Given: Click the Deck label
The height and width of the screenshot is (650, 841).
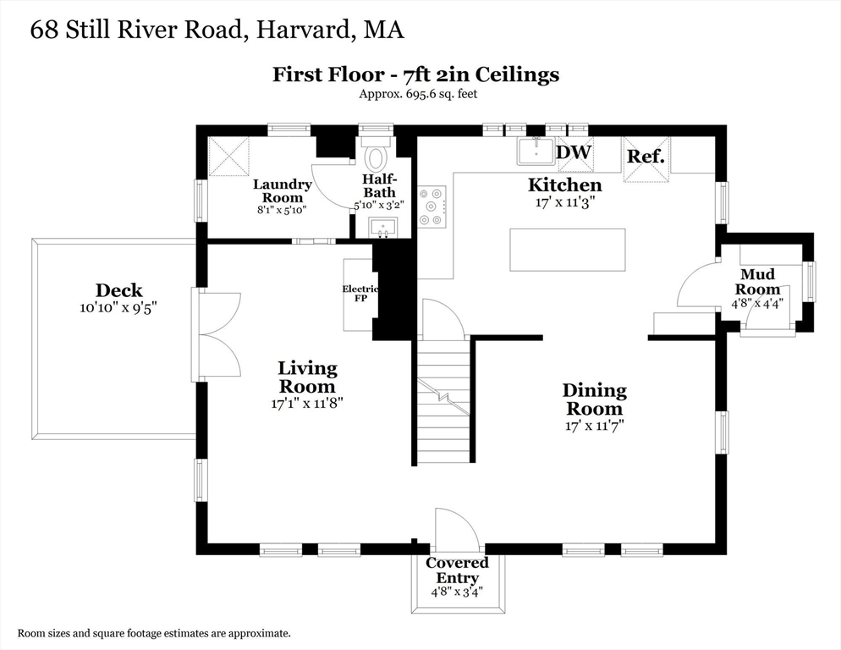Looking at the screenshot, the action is click(x=119, y=290).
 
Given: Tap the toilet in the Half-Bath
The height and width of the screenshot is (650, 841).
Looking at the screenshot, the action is click(x=376, y=155).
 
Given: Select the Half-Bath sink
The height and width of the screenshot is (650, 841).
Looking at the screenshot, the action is click(x=383, y=229).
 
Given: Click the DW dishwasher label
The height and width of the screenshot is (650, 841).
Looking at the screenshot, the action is click(x=574, y=151).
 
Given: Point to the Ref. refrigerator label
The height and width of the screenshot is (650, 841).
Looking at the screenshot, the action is click(x=646, y=157).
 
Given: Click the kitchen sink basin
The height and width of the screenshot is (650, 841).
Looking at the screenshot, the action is click(x=536, y=151).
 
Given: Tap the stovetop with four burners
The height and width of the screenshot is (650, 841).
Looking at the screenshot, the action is click(x=431, y=206).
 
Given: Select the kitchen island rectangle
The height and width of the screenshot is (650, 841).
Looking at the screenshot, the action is click(x=568, y=251).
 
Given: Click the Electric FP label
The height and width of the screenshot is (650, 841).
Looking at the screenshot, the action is click(x=360, y=293).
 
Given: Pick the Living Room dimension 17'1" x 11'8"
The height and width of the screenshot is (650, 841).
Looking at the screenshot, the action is click(x=307, y=403).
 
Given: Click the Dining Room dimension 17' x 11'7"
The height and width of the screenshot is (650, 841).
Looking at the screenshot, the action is click(x=594, y=426).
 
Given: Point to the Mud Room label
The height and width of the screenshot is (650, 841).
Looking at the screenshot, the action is click(x=757, y=281).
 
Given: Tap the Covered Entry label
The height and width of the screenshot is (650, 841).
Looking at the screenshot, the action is click(x=457, y=570).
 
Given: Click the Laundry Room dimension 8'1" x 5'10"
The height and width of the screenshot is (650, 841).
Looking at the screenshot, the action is click(x=282, y=210).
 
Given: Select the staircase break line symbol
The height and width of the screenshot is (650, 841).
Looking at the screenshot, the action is click(x=443, y=397).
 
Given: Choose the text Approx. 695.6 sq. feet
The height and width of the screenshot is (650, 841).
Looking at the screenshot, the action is click(x=418, y=94).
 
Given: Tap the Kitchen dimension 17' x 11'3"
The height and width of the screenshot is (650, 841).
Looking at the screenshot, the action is click(x=565, y=202).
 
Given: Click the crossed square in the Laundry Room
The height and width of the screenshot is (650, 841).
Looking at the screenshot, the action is click(x=228, y=157).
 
